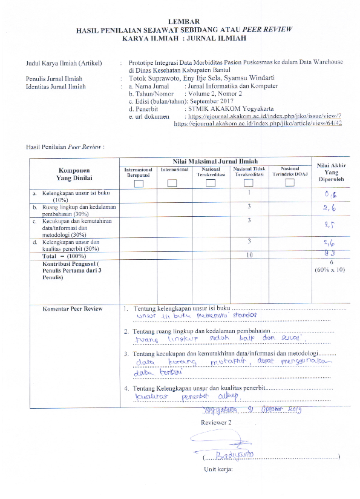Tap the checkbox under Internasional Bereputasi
click(139, 167)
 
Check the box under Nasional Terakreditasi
click(211, 167)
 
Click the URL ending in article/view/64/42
click(258, 123)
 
